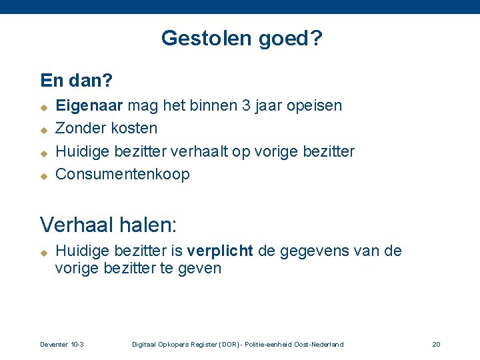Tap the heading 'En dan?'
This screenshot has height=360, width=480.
point(76,81)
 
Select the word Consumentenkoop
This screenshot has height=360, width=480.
point(122,175)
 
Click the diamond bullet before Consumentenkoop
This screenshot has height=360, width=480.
point(43,176)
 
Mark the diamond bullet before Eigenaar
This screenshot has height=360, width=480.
point(43,107)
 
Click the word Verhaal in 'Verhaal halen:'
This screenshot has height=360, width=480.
point(75,223)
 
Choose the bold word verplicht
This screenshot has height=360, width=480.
point(220,251)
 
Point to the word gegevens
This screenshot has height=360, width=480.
point(309,251)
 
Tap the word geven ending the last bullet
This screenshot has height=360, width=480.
point(199,269)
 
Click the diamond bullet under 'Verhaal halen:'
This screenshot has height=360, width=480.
point(43,253)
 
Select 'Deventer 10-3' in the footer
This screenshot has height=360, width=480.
point(62,344)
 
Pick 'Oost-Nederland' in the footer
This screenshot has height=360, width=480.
point(319,344)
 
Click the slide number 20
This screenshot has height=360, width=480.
point(436,344)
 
